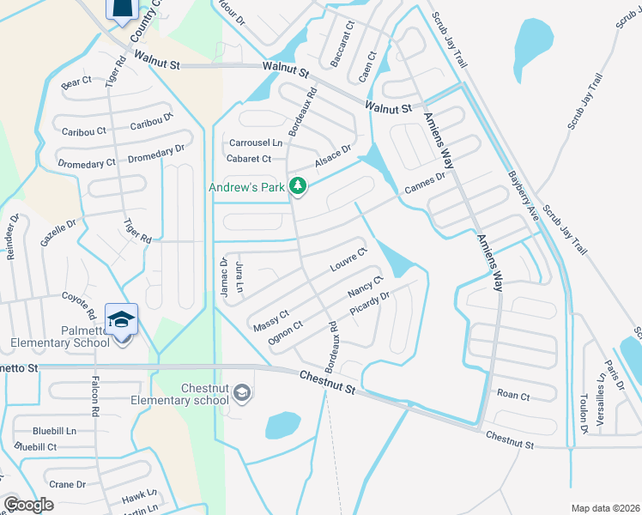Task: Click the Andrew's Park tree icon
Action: coord(298,185)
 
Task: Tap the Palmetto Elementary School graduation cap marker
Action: coord(121,319)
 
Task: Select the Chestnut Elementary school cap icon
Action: coord(243,393)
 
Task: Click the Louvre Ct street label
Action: coord(349,260)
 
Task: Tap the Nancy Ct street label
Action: coord(365,287)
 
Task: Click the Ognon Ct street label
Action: coord(286,331)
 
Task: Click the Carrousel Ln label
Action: coord(255,142)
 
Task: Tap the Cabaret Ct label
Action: coord(249,159)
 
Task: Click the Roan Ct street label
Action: coord(513,395)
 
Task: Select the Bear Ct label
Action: coord(76,82)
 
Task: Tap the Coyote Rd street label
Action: coord(82,301)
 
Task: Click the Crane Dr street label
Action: coord(67,484)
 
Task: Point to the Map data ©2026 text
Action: coord(605,508)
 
